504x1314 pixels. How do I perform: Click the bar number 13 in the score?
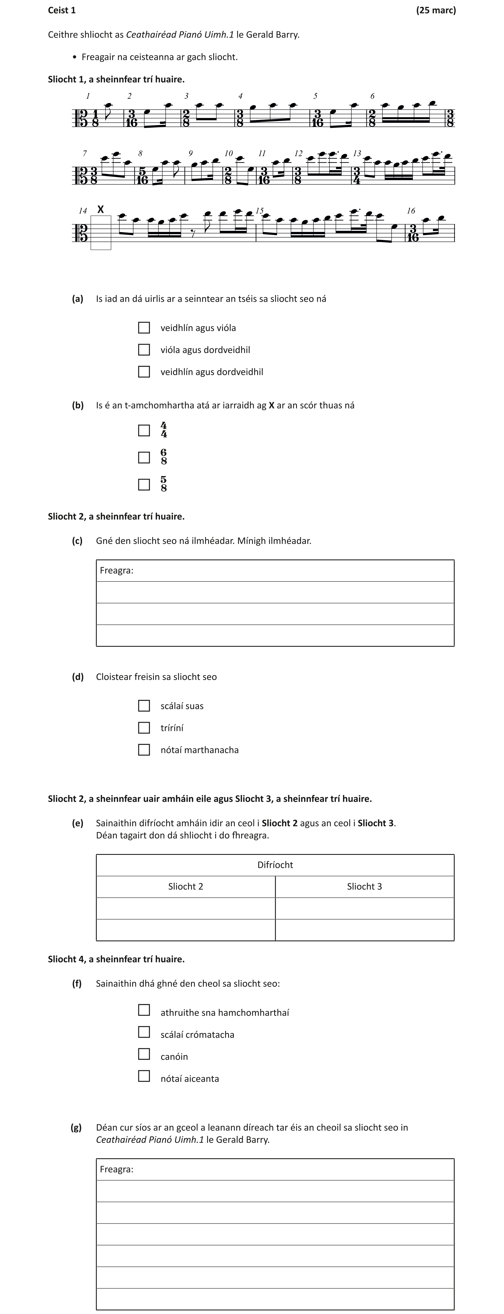point(357,153)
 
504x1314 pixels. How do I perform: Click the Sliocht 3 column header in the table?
point(364,886)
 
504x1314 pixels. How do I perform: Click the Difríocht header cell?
point(275,865)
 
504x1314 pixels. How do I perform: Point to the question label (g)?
point(76,1127)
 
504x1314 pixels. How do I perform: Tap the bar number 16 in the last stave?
point(411,211)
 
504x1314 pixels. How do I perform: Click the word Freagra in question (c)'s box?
point(116,570)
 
